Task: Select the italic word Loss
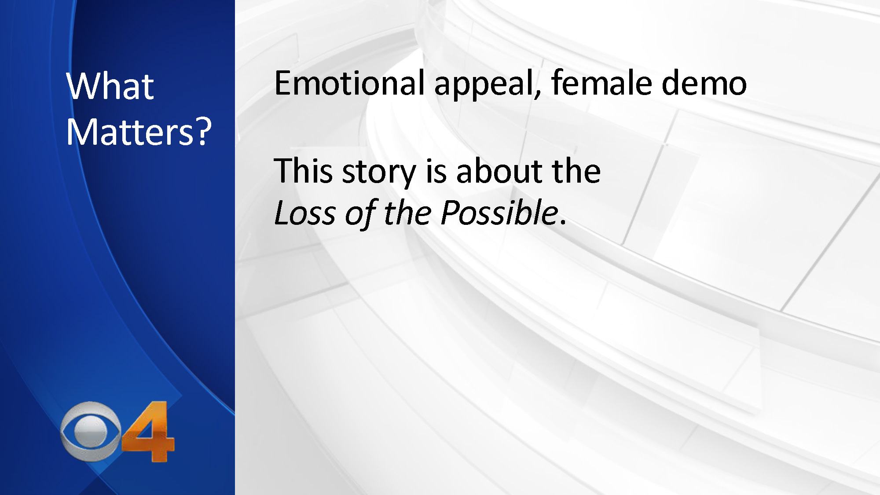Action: (x=305, y=213)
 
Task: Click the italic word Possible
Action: (x=499, y=213)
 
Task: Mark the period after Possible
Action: (x=563, y=223)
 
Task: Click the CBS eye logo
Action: (x=91, y=431)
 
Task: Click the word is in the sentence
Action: (x=436, y=171)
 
